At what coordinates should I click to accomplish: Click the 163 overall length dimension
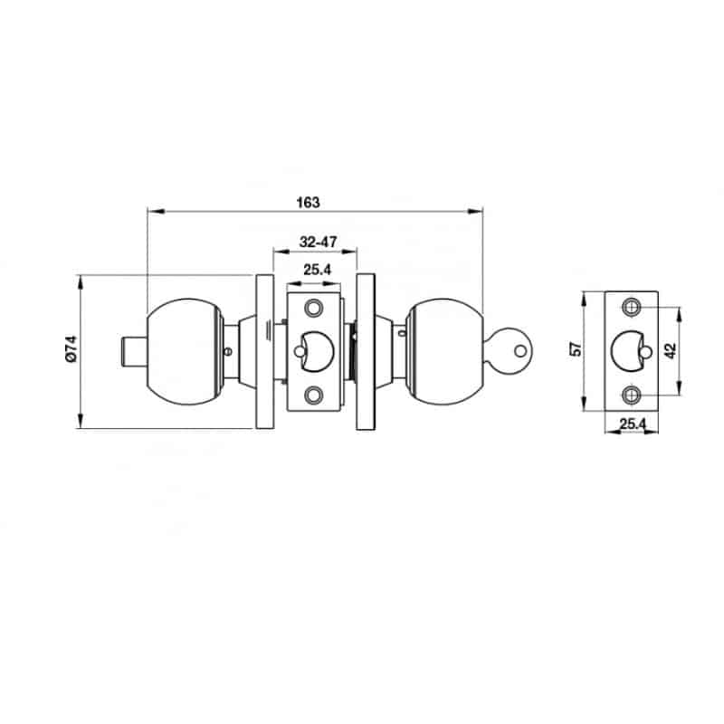tap(308, 203)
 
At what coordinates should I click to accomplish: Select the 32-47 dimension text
tap(319, 242)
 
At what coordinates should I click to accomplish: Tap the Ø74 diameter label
tap(71, 348)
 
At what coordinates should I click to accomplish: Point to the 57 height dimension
tap(576, 349)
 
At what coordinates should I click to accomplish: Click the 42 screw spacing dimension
tap(671, 350)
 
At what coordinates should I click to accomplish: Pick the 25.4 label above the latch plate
tap(318, 270)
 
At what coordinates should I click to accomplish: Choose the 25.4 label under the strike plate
tap(632, 424)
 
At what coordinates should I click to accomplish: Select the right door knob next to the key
tap(444, 352)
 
